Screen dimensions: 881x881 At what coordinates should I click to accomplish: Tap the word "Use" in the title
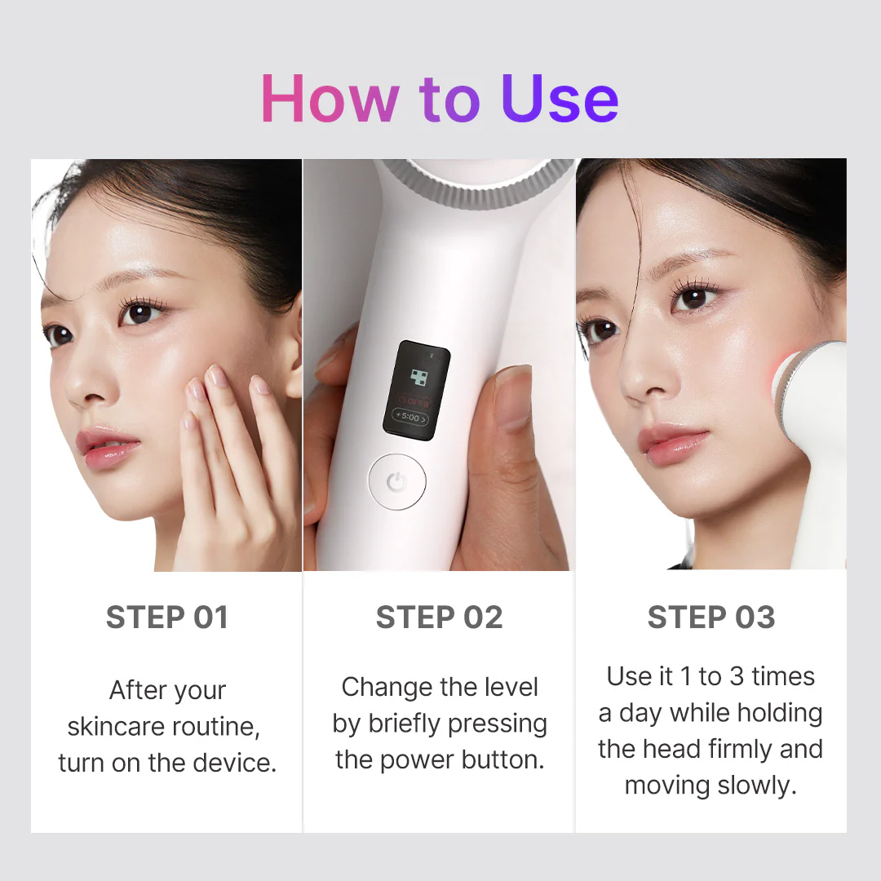point(560,100)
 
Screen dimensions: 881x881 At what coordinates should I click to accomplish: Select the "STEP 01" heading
point(167,618)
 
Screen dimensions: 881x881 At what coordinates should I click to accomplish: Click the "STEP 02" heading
point(440,618)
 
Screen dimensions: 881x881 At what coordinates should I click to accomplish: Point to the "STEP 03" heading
point(711,618)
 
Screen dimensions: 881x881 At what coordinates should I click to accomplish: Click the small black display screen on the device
point(416,387)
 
